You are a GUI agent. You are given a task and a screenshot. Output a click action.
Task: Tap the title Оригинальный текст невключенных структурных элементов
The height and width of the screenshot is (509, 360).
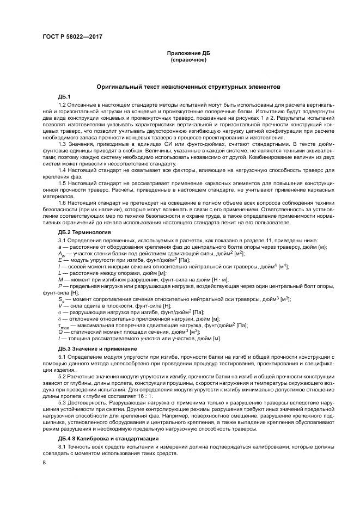click(188, 87)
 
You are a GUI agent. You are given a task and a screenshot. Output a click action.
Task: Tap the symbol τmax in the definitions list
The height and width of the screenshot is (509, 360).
click(64, 326)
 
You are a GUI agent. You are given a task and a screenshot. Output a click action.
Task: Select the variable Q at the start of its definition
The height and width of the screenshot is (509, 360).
click(60, 332)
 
